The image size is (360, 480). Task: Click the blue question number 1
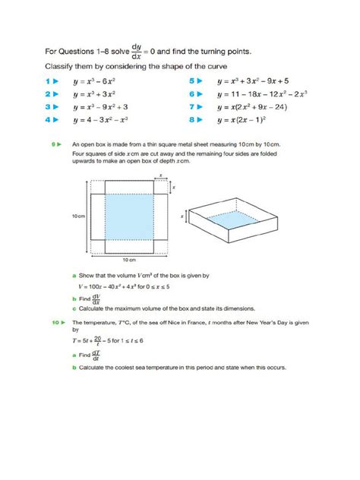47,80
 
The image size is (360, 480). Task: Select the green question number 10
55,323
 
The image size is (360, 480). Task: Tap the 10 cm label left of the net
77,216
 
